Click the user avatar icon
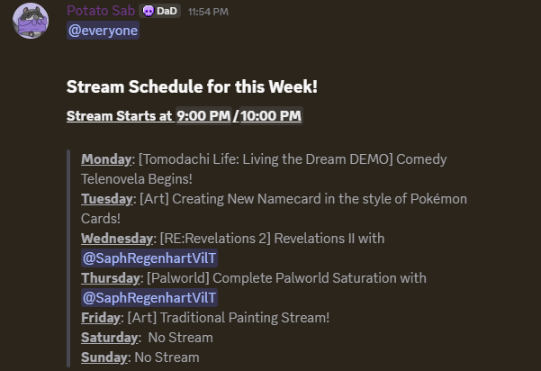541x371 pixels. (31, 21)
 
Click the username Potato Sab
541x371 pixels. (101, 11)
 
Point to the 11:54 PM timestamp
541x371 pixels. (208, 12)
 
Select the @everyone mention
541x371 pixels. (104, 31)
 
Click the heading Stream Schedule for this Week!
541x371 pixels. (192, 87)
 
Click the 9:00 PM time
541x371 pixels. (203, 116)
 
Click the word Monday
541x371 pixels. (106, 159)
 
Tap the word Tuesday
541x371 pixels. (107, 199)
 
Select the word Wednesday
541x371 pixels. (117, 239)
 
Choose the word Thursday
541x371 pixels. (112, 278)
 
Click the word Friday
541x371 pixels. (100, 318)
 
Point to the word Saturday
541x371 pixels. (110, 338)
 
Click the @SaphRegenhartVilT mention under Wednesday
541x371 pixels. (149, 258)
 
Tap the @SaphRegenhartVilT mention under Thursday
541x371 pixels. (149, 298)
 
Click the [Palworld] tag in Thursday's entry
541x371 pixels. (174, 278)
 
